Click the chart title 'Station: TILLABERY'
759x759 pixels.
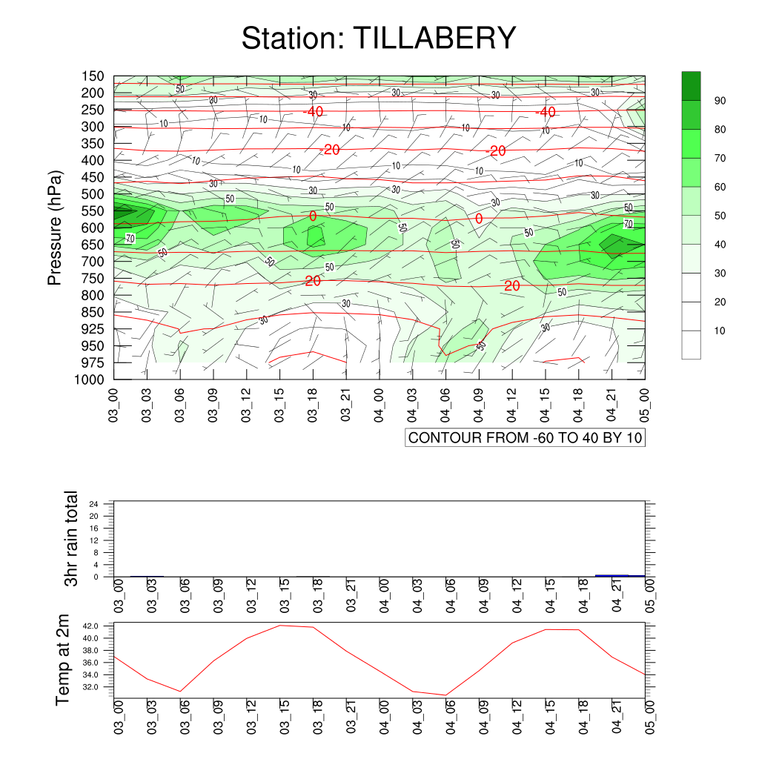[379, 39]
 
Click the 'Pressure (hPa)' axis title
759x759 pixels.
[55, 228]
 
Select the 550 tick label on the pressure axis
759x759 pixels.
[93, 211]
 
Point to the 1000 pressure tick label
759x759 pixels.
[89, 379]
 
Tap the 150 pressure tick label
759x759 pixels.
[93, 76]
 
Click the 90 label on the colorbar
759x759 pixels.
[720, 101]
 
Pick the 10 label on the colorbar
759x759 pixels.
[720, 331]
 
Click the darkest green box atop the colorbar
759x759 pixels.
[691, 86]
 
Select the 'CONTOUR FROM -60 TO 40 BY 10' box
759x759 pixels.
[526, 437]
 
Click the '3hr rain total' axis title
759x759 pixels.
[71, 538]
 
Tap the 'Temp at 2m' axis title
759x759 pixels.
[62, 660]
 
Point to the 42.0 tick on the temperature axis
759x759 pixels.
[90, 626]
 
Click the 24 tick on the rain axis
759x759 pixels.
[93, 504]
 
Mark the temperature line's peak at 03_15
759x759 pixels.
[280, 626]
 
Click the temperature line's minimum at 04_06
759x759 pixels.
[445, 695]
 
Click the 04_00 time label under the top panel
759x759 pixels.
[379, 405]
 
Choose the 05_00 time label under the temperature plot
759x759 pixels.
[650, 717]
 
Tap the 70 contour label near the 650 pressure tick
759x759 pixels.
[130, 238]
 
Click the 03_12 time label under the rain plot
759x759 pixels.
[251, 596]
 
